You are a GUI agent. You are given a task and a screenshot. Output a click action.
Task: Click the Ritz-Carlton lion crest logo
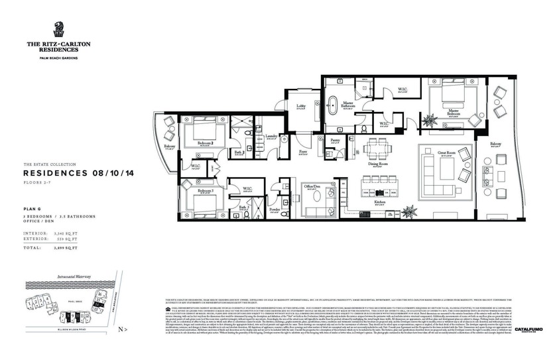point(59,29)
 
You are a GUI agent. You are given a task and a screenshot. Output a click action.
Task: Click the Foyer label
point(303,152)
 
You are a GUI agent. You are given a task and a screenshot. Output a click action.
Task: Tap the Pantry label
point(336,141)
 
